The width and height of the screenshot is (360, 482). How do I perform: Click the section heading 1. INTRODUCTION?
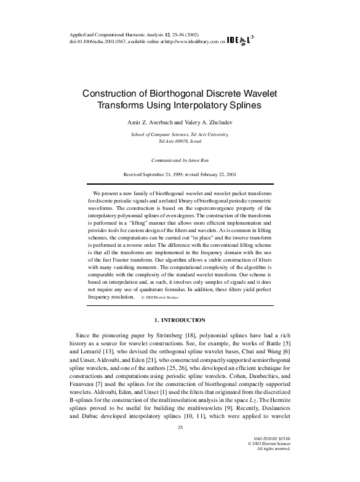point(180,320)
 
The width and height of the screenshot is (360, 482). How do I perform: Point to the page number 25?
point(180,445)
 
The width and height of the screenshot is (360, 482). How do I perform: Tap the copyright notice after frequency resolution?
point(160,297)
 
